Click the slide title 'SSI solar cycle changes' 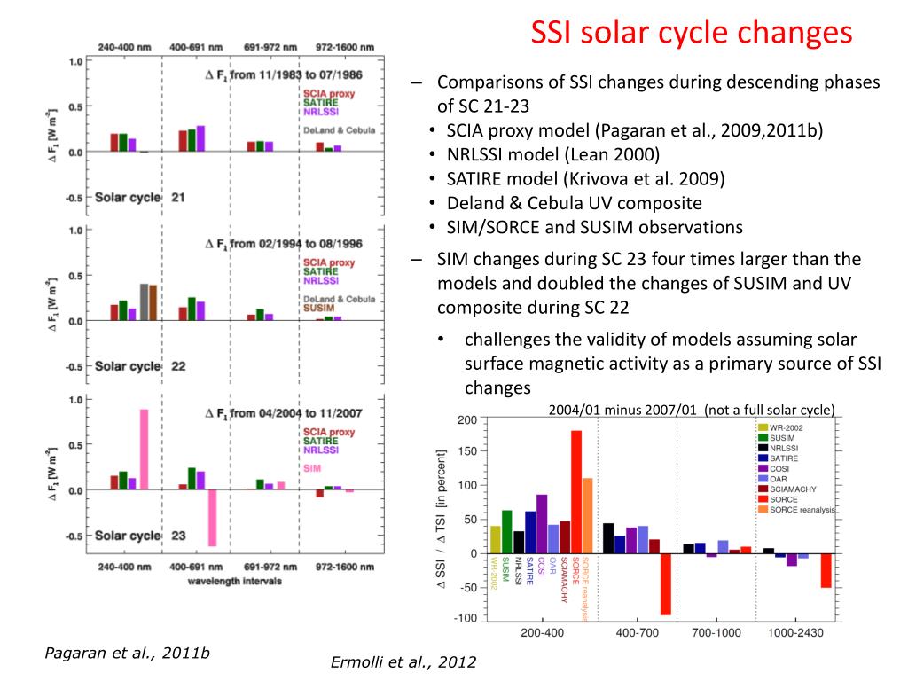691,33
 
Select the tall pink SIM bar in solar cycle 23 144,450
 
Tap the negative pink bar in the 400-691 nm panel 212,518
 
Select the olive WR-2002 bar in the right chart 496,538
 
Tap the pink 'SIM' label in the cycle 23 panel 313,467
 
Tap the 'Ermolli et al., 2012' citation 403,661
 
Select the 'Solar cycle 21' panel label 140,197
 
